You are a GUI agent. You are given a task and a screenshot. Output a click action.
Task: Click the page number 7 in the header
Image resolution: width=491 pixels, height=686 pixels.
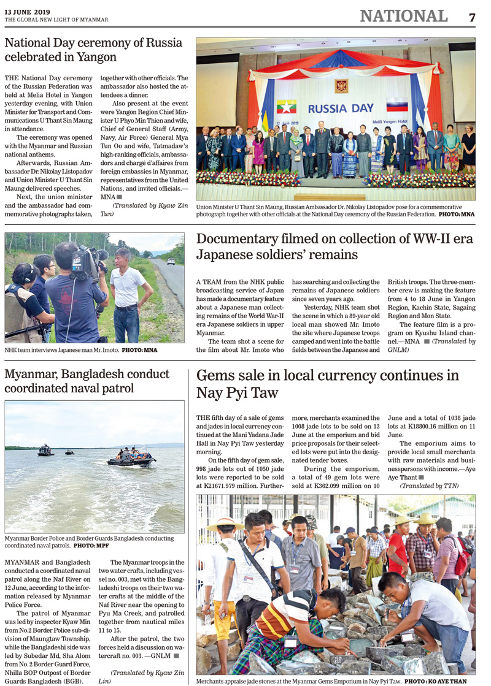coord(471,17)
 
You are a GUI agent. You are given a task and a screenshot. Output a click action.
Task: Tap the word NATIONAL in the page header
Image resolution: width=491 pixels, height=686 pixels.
coord(403,17)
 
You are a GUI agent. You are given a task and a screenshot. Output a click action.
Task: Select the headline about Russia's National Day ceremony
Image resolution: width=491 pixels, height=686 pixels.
coord(93,50)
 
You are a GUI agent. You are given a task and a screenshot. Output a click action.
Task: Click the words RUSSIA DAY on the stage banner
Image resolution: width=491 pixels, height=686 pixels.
coord(341,109)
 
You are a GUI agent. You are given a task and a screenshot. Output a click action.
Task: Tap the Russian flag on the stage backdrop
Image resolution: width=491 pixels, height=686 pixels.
coord(396,105)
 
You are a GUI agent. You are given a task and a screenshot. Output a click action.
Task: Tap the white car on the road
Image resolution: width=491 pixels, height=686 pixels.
coord(171,261)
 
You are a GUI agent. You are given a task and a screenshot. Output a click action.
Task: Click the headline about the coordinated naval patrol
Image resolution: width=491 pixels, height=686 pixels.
coord(87,381)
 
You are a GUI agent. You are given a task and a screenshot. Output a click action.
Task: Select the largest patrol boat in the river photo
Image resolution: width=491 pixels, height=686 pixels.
coord(131,457)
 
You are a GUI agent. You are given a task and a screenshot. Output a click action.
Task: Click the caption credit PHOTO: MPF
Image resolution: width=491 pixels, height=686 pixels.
coord(91,545)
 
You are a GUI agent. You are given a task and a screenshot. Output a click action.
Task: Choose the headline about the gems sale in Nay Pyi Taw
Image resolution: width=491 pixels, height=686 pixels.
coord(327,384)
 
